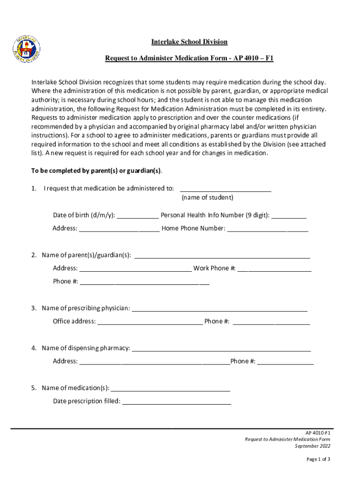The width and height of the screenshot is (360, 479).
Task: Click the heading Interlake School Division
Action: coord(189,42)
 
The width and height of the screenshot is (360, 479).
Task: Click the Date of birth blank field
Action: coord(137,217)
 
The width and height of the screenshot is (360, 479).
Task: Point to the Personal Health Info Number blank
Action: coord(288,217)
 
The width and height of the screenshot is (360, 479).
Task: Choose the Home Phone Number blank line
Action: coord(267,230)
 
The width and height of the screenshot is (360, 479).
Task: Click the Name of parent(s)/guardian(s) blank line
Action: coord(222,256)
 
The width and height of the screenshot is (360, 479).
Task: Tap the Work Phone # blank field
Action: coord(274,269)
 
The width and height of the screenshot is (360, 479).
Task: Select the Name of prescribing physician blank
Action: coord(220,309)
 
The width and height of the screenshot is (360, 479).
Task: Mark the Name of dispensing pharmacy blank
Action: coord(222,349)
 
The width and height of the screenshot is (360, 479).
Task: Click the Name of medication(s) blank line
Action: coord(171,389)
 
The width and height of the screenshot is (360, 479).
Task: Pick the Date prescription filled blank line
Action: coord(176,402)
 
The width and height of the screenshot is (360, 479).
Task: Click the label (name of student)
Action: coord(207,197)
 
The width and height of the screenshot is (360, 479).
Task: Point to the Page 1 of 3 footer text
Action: coord(318,459)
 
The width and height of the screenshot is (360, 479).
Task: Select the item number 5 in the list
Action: coord(34,388)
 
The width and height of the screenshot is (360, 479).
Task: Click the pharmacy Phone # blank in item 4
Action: coord(285,363)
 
